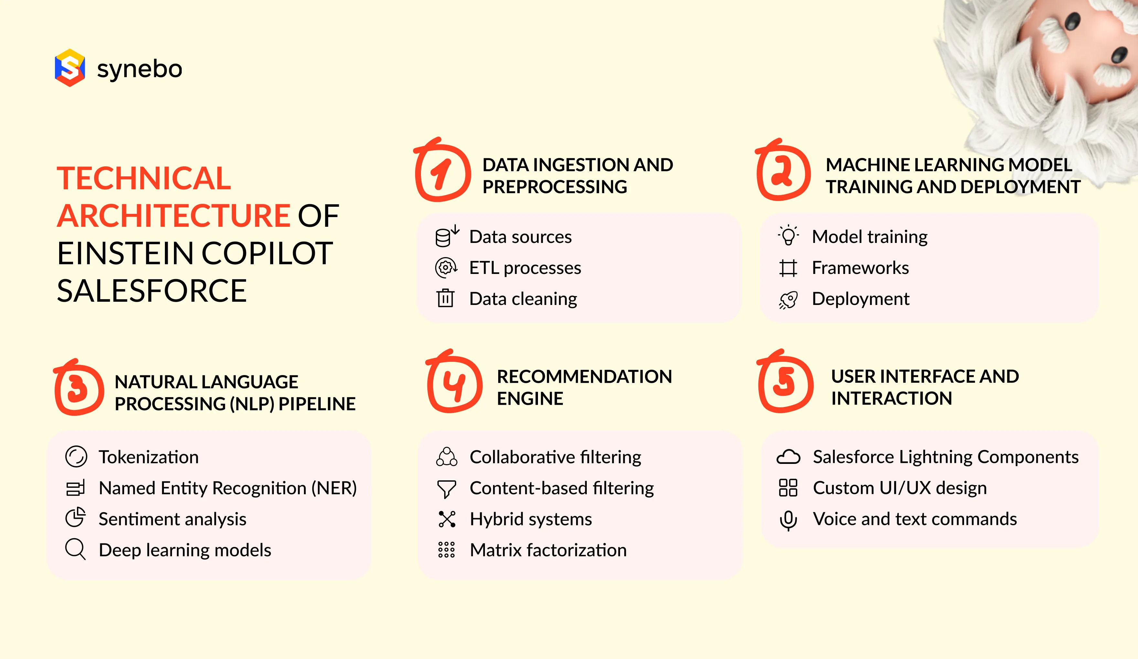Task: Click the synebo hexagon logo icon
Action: coord(70,68)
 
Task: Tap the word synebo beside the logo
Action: coord(140,69)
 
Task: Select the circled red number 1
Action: coord(442,173)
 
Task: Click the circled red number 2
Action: coord(783,173)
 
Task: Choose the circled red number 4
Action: coord(454,384)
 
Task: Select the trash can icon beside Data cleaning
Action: coord(445,298)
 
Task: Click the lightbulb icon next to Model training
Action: coord(788,235)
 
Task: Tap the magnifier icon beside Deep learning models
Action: coord(75,549)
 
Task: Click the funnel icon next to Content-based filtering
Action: coord(446,489)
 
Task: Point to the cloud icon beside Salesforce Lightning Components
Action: coord(788,457)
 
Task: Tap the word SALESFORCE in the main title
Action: coord(152,291)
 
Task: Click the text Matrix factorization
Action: coord(548,550)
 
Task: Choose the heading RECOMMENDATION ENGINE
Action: coord(584,387)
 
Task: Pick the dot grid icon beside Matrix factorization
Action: coord(446,550)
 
